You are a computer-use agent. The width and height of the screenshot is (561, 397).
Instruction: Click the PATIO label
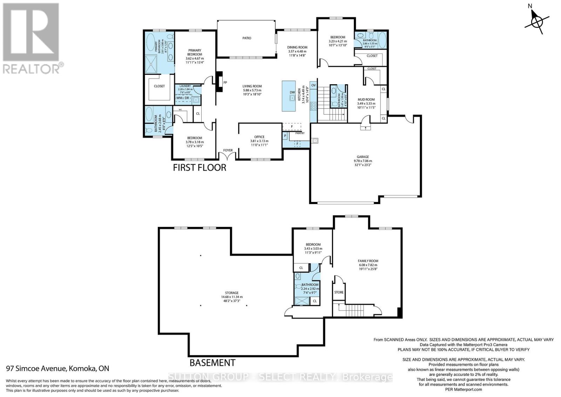[246, 38]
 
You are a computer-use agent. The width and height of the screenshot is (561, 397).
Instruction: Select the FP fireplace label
[225, 83]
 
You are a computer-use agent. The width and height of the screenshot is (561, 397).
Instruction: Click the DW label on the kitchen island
[292, 93]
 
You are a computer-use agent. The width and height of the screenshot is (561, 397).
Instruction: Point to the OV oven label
[313, 86]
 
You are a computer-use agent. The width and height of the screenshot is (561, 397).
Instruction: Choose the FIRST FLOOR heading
[200, 168]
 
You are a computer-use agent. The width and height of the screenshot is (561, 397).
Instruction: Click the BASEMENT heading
[212, 362]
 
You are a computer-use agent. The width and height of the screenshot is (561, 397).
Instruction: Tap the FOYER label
[228, 150]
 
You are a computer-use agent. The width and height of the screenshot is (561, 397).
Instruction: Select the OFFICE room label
[259, 137]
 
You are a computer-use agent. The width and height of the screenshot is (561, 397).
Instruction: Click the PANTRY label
[300, 133]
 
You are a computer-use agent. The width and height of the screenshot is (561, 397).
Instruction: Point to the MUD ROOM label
[366, 100]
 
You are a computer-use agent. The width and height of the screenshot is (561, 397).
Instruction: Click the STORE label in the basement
[339, 292]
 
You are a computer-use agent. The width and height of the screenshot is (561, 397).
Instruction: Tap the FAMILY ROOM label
[368, 261]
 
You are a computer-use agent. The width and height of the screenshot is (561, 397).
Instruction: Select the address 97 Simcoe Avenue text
[58, 369]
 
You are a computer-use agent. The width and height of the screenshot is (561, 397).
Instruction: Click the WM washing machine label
[180, 98]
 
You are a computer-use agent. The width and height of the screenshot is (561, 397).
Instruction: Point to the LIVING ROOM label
[252, 86]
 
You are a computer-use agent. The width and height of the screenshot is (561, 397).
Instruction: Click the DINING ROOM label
[297, 47]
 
